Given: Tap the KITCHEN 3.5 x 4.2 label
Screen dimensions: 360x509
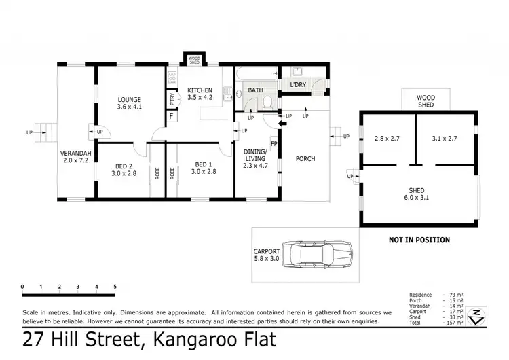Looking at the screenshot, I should [200, 94].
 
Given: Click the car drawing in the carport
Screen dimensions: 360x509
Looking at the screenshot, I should [318, 253].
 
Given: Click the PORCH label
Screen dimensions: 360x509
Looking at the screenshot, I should [305, 159].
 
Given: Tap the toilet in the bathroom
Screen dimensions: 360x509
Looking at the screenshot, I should [268, 103].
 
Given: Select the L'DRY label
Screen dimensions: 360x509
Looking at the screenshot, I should [298, 85].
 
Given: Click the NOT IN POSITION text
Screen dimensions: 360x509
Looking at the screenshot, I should [419, 240].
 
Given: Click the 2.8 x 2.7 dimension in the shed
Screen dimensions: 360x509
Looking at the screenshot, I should [388, 139].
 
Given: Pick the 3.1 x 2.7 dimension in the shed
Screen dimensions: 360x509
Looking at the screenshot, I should [445, 139].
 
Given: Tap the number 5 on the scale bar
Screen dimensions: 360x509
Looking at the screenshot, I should [115, 286].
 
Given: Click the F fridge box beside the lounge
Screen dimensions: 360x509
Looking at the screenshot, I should [171, 115].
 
